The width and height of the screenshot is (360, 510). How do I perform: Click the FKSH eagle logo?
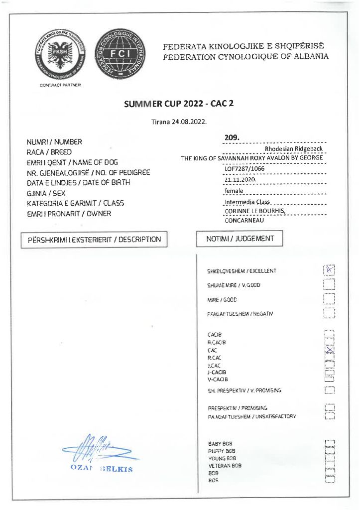pos(60,56)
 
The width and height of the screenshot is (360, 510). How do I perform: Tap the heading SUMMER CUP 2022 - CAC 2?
pos(178,104)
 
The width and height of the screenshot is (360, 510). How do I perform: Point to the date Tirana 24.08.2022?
pos(179,121)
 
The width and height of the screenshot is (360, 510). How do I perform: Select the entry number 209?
pos(232,137)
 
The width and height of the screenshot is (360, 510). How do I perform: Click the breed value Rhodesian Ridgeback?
pos(294,148)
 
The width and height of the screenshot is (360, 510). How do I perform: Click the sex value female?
pos(234,191)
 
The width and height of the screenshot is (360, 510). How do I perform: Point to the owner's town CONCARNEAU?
pos(247,220)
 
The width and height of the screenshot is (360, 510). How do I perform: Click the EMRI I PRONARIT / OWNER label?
pos(69,214)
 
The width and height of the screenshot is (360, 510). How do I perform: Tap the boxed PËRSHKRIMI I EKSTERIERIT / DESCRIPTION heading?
pos(95,240)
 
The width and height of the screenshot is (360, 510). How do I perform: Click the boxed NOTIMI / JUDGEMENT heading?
pos(240,239)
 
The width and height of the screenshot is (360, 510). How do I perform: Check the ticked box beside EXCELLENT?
pos(329,269)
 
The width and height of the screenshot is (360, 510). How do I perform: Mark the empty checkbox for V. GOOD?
pos(329,284)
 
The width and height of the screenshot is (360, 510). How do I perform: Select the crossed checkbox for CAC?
pos(329,351)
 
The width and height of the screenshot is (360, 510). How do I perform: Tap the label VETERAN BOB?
pos(225,465)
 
